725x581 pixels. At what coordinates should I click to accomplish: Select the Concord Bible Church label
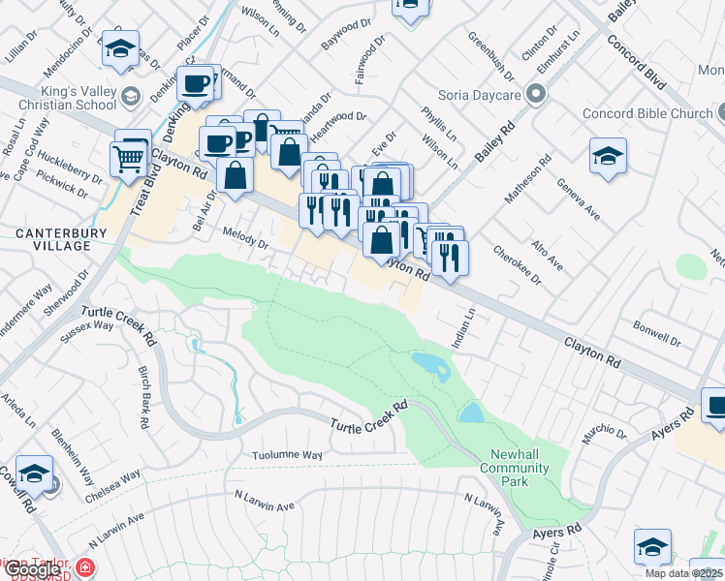point(647,114)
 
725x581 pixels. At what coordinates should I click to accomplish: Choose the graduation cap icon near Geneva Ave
point(608,156)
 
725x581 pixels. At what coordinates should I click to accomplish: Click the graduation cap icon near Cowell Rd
point(34,474)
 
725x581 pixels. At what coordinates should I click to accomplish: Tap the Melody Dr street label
point(245,238)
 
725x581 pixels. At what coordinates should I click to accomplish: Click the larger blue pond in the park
point(429,365)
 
